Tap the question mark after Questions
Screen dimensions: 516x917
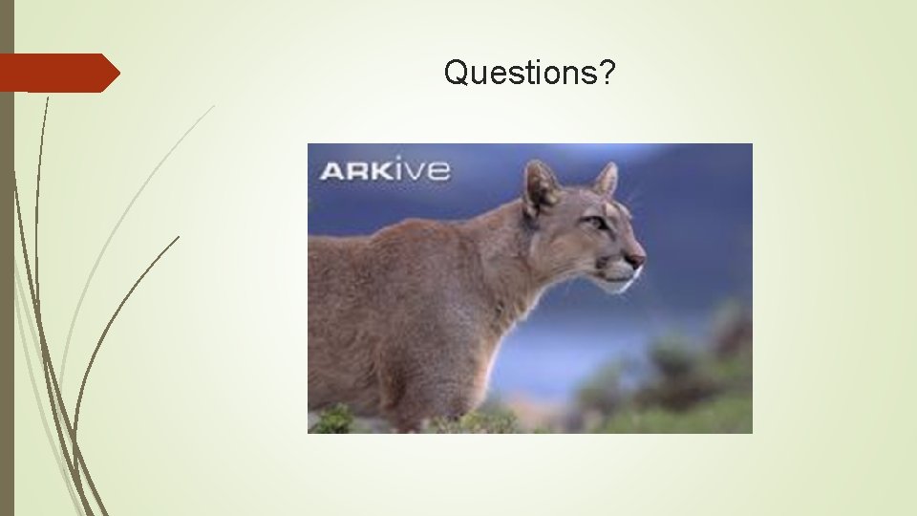click(608, 72)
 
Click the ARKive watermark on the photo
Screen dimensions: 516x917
click(384, 171)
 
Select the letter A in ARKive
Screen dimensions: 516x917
click(331, 172)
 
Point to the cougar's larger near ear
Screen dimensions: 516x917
click(541, 186)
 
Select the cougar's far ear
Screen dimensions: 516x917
click(606, 179)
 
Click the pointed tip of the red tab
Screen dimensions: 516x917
click(117, 73)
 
